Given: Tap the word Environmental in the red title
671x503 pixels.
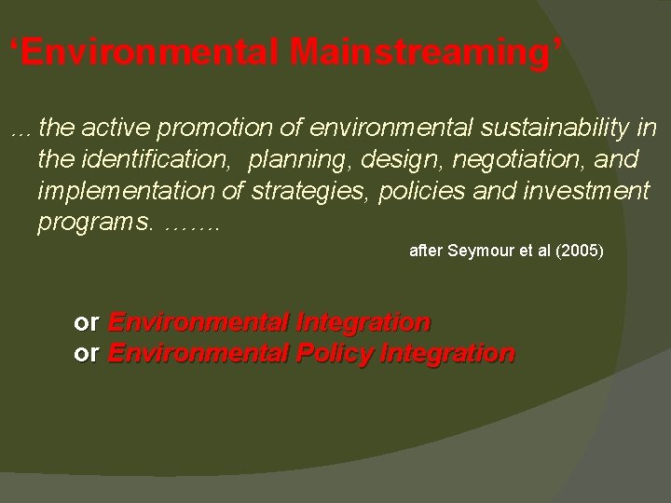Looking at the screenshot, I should coord(150,53).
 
